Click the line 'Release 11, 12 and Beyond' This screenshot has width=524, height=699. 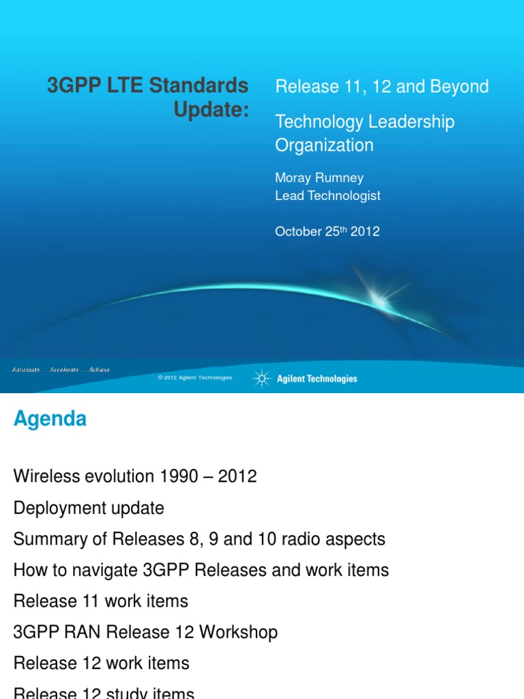click(x=381, y=87)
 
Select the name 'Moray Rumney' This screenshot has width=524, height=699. click(x=319, y=177)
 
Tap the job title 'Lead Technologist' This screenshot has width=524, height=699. click(x=327, y=195)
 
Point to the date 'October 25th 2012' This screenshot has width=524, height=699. click(x=327, y=231)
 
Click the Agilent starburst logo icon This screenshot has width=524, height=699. click(x=261, y=378)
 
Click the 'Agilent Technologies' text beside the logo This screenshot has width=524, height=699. click(x=317, y=379)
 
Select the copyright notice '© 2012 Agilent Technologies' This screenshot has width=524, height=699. click(x=194, y=377)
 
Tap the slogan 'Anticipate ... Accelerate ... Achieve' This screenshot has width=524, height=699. click(x=61, y=369)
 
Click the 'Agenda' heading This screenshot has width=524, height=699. click(x=50, y=418)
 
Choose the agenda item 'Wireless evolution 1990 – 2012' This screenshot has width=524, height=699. click(x=135, y=476)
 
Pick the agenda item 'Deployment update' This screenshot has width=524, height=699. click(x=89, y=508)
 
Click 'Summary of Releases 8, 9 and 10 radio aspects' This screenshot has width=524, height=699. click(x=199, y=539)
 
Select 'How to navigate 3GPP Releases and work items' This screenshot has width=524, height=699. click(x=201, y=570)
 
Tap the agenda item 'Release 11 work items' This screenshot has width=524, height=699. click(x=101, y=601)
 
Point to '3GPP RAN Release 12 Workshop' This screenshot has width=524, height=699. click(x=145, y=632)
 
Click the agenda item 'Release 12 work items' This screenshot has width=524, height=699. click(x=102, y=663)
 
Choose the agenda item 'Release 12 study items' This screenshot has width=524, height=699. click(x=104, y=692)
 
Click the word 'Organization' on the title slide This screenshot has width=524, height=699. click(x=324, y=145)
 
